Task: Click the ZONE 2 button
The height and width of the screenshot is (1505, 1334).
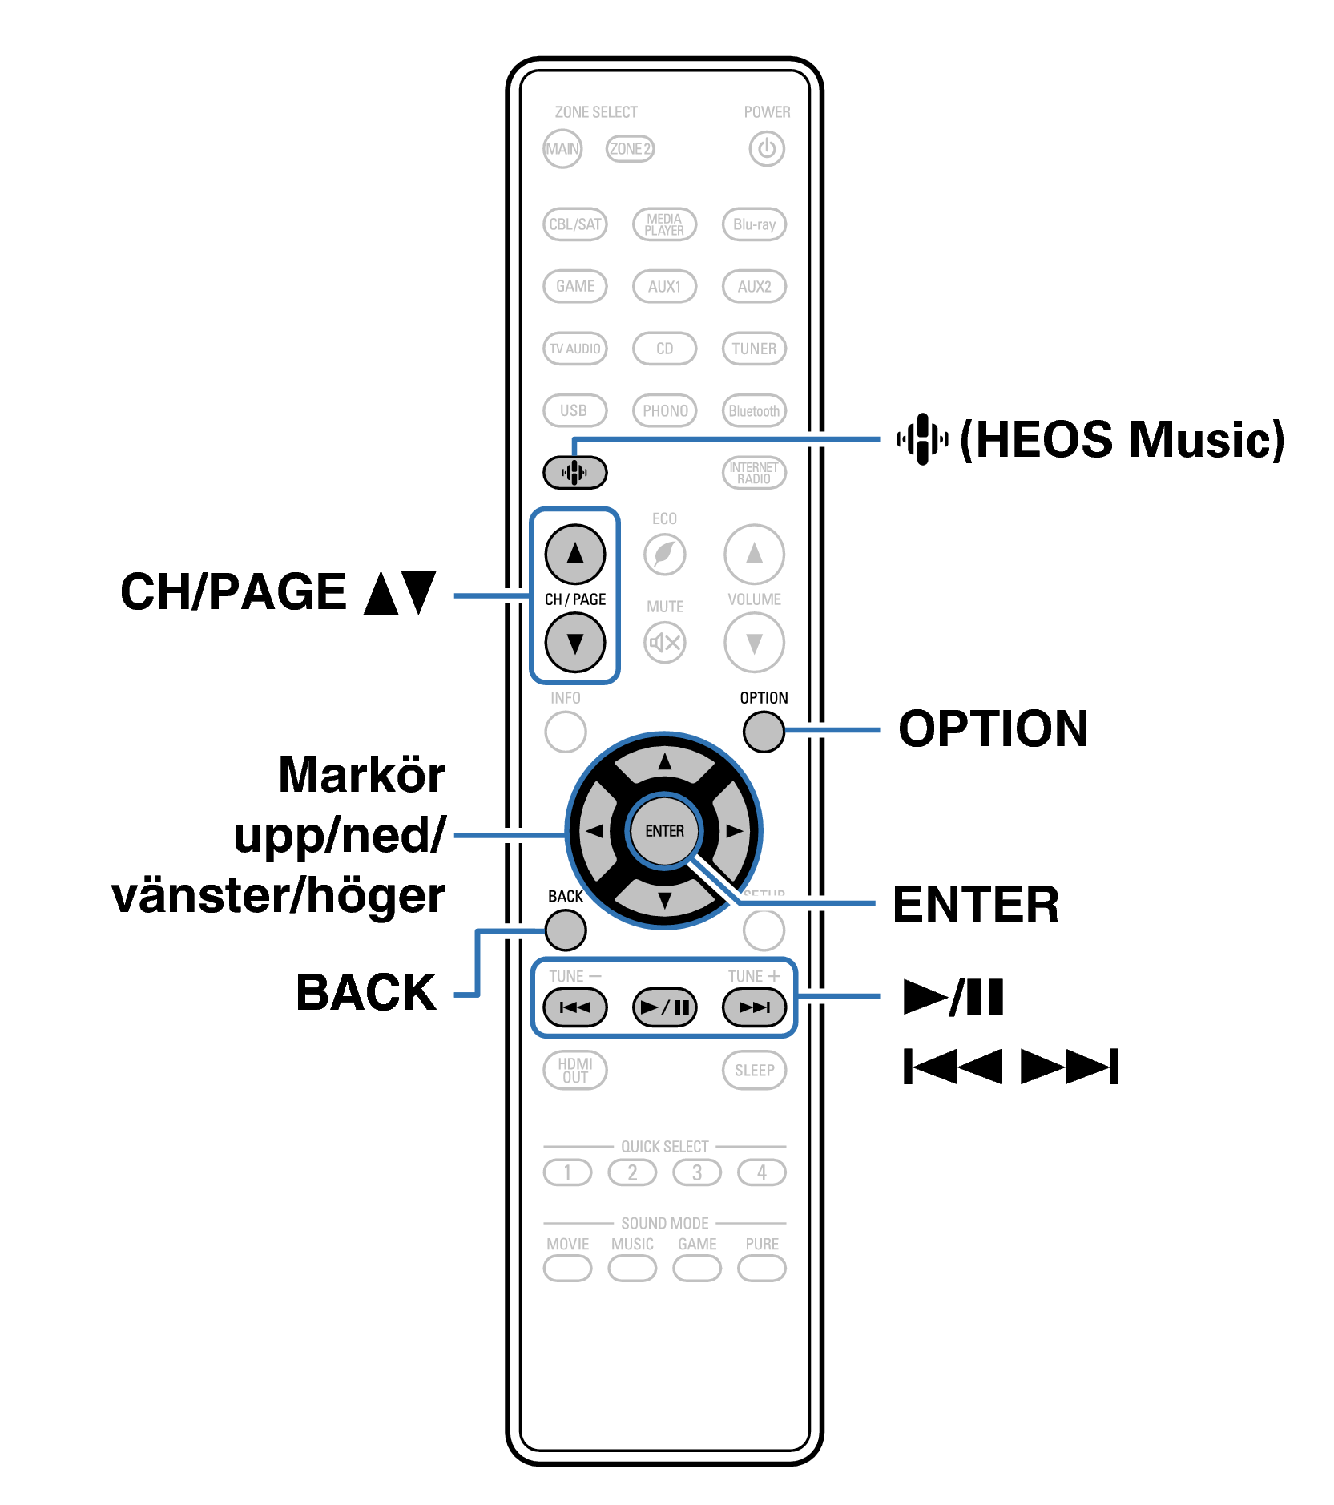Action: pos(630,149)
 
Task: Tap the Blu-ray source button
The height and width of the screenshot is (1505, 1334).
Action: pos(754,224)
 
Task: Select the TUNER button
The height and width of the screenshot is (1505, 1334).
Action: pos(754,349)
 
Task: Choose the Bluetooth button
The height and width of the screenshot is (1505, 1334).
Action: pos(754,410)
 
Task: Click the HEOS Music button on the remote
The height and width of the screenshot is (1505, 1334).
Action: pos(574,472)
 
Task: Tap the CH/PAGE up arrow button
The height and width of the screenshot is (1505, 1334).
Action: pos(574,554)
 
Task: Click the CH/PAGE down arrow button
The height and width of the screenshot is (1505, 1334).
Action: pos(574,643)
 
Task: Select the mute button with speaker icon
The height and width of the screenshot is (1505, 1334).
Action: pos(664,642)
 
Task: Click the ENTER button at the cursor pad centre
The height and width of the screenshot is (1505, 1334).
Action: pos(664,831)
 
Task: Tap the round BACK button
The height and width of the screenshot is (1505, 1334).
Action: pos(566,930)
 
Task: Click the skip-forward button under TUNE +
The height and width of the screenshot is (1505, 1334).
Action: pos(754,1007)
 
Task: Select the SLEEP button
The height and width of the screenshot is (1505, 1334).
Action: pos(754,1070)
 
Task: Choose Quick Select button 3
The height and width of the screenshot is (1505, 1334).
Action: pos(696,1172)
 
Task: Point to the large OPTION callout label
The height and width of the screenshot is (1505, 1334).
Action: pos(993,728)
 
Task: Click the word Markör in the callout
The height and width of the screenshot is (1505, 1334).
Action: pos(361,775)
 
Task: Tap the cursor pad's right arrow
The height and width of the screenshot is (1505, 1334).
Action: pos(733,831)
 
